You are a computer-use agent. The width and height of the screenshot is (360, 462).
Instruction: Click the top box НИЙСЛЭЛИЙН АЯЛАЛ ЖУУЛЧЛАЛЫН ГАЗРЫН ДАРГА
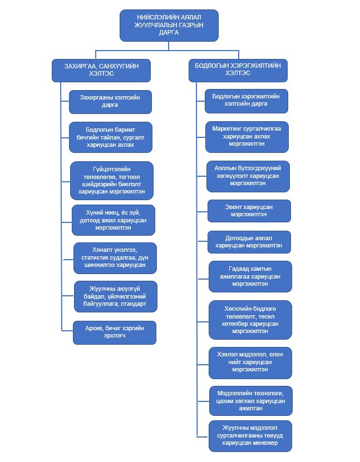169,26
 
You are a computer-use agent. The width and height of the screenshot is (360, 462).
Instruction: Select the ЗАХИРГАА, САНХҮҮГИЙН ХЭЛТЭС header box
101,71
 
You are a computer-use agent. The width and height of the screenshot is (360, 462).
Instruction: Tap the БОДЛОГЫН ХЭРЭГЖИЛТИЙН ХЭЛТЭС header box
238,71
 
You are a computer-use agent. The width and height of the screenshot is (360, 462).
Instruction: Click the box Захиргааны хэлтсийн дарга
110,102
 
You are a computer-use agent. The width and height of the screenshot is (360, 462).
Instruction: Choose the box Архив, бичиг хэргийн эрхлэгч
115,332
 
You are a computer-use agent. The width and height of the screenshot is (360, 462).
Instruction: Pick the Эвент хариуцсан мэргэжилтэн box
249,211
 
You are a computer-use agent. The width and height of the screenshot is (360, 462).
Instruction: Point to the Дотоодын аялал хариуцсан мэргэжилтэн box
249,242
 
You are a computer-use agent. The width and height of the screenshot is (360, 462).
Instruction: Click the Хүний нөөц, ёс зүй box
113,220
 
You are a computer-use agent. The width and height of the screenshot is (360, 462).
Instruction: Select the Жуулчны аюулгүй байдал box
116,296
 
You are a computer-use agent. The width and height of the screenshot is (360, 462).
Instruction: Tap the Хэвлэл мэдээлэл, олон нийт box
250,363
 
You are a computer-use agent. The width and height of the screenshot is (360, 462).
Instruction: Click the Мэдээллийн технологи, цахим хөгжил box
251,401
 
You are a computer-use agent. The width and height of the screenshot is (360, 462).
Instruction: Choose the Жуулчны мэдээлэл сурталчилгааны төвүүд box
250,436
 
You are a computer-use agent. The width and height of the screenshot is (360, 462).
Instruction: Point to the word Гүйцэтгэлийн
111,170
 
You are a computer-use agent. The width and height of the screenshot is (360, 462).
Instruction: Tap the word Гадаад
237,269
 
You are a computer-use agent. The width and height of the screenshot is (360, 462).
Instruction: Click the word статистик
94,258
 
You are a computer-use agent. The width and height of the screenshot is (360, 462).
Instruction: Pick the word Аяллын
225,168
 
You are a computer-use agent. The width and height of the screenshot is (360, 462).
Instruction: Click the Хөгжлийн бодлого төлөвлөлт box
250,320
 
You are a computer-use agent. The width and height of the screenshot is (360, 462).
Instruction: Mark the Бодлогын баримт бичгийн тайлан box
111,137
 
